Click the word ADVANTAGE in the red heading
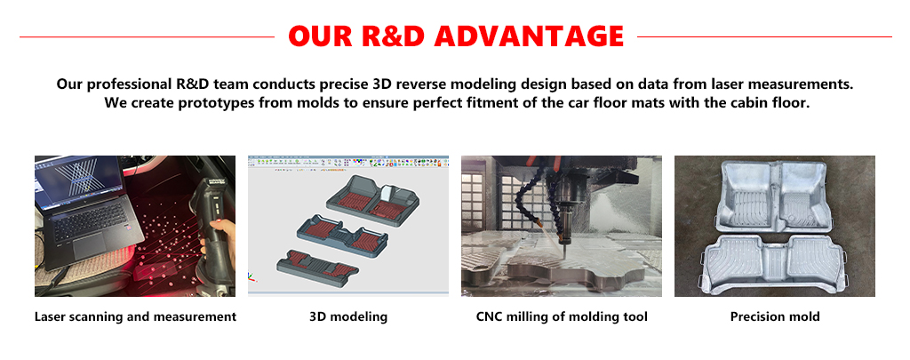pyautogui.click(x=529, y=36)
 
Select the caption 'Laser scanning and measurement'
pyautogui.click(x=135, y=317)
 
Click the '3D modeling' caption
pyautogui.click(x=348, y=317)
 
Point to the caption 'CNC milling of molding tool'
pyautogui.click(x=562, y=317)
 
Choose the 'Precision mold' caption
pyautogui.click(x=775, y=317)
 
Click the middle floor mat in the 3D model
pyautogui.click(x=342, y=236)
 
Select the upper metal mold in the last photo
pyautogui.click(x=775, y=198)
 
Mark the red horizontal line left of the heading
pyautogui.click(x=147, y=37)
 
